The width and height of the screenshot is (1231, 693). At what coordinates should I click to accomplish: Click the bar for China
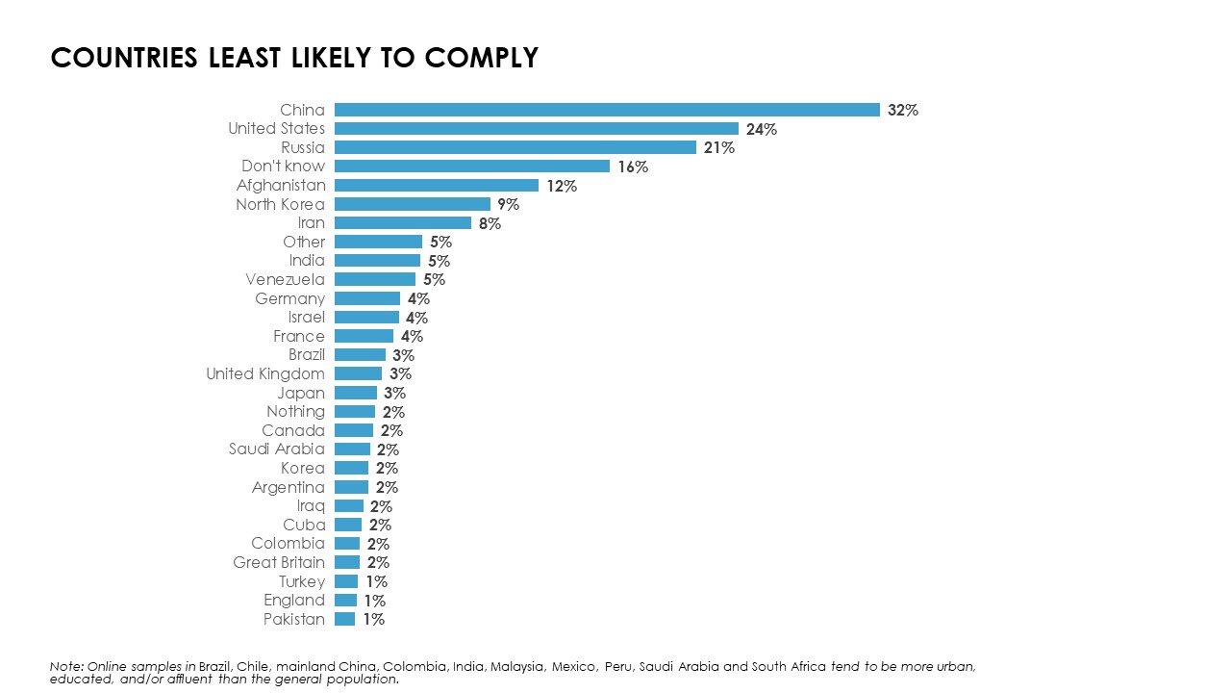coord(607,110)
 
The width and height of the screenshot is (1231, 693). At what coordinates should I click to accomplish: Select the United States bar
coord(537,129)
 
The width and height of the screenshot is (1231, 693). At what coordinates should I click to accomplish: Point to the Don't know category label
coord(283,167)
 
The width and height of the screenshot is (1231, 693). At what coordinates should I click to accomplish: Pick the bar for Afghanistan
coord(437,185)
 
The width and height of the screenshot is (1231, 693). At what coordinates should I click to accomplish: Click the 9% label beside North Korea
coord(508,204)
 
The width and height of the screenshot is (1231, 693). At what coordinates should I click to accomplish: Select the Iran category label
coord(311,223)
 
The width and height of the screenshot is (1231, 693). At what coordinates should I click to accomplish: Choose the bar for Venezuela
coord(375,279)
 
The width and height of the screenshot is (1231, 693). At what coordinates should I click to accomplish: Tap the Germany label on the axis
coord(289,298)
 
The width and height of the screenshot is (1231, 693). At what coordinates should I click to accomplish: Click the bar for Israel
coord(366,317)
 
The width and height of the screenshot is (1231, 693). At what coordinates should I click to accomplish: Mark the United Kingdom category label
coord(265,373)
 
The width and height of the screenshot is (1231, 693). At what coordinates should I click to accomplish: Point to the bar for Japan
coord(356,393)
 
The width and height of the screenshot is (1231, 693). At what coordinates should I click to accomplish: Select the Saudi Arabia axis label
coord(277,449)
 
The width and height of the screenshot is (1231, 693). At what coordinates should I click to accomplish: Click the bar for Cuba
coord(348,525)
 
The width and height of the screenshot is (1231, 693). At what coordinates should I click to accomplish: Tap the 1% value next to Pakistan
coord(373,619)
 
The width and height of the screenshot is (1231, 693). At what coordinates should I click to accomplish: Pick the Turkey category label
coord(302,581)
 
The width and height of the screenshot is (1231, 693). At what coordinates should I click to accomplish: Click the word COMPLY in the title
coord(481,58)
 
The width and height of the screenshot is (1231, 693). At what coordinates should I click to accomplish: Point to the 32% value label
coord(903,110)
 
